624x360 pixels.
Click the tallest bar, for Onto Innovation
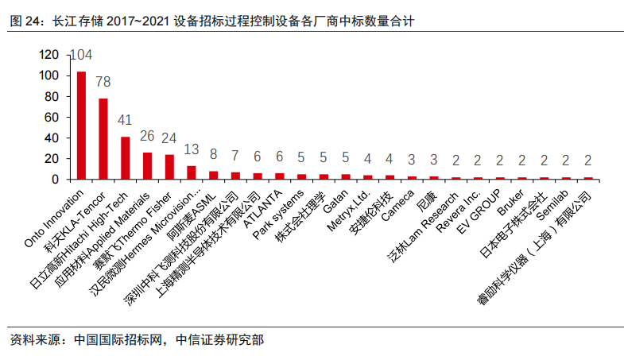tap(81, 126)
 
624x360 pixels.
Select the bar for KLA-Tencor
tap(103, 139)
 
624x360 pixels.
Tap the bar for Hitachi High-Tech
tap(125, 158)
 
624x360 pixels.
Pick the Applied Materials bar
tap(147, 165)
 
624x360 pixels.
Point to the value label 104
tap(80, 56)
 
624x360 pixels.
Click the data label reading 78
tap(103, 82)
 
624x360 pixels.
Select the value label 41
tap(125, 121)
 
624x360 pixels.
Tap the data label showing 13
tap(192, 149)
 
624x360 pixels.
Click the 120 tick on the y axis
tap(48, 55)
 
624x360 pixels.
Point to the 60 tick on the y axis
tap(52, 117)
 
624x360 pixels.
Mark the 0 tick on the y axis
tap(55, 179)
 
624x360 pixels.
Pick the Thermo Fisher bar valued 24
tap(169, 166)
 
